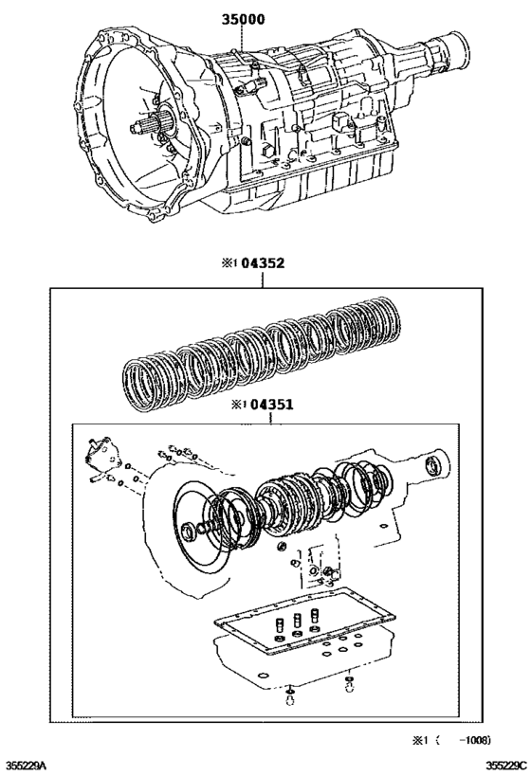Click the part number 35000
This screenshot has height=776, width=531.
(x=243, y=18)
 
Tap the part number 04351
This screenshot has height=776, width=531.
(x=272, y=405)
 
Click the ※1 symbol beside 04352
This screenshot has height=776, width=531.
(x=228, y=265)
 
